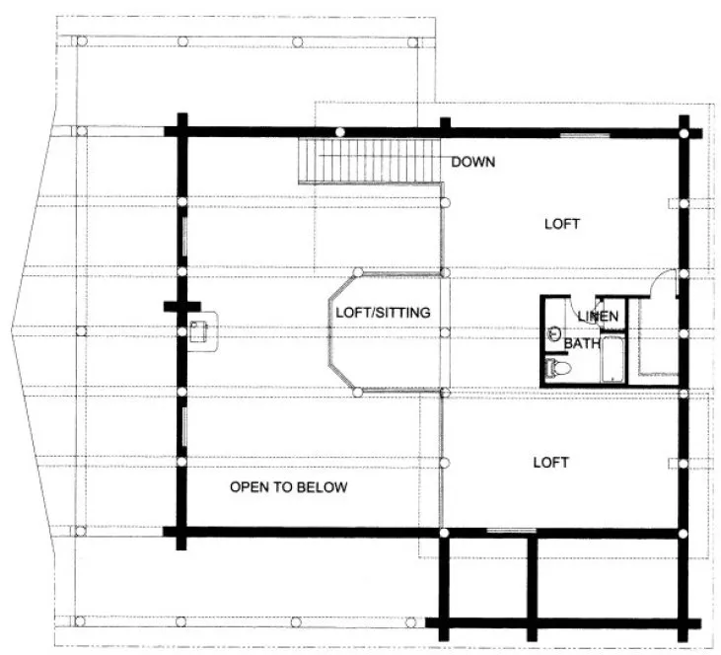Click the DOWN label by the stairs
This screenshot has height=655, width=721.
tap(473, 162)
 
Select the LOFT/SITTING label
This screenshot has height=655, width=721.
tap(383, 313)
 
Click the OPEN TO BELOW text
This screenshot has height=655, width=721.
tap(288, 487)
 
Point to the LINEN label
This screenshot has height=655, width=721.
tap(598, 316)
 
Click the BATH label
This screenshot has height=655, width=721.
tap(582, 343)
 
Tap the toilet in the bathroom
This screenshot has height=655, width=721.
tap(559, 368)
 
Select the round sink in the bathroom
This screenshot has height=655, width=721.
tap(553, 333)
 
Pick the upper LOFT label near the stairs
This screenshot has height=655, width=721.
tap(562, 224)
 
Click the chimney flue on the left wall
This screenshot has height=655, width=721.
tap(200, 330)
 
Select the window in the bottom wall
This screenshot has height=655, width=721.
tap(505, 532)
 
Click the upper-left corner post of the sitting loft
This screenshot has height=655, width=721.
tap(359, 272)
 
